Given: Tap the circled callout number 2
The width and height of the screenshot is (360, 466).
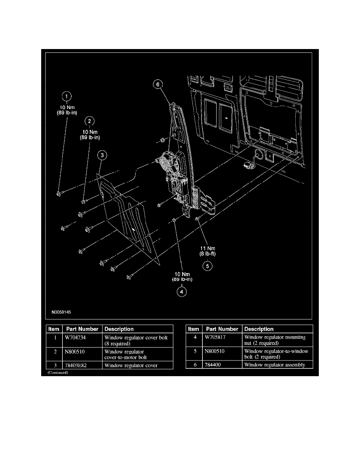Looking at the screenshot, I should [90, 121].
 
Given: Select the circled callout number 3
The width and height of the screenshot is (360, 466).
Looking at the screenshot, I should [102, 156].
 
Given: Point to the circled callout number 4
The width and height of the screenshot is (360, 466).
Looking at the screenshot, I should [182, 291].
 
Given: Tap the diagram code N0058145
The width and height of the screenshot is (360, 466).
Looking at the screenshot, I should [61, 313].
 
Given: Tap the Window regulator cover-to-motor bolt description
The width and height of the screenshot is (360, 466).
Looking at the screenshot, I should [125, 354].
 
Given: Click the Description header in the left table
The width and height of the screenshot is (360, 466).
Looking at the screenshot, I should [119, 329].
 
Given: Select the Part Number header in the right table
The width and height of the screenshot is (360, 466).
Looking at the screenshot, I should [222, 329].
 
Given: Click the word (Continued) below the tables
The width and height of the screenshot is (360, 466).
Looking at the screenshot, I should [58, 373].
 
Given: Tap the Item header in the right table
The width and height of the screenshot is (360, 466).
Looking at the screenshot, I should [194, 329].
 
